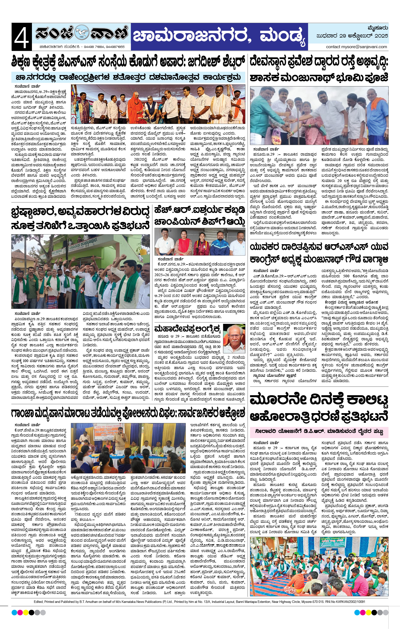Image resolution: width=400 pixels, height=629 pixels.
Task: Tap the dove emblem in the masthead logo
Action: [81, 33]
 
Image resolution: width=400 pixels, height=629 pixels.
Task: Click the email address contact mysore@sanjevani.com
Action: [356, 47]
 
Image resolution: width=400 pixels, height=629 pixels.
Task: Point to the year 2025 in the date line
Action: [381, 36]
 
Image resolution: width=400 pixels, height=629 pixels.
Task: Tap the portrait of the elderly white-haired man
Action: [234, 339]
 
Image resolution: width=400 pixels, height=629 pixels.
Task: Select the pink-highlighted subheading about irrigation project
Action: [319, 432]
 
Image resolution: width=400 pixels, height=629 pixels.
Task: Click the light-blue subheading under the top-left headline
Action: [128, 78]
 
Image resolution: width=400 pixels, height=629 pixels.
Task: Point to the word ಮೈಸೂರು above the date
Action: [378, 28]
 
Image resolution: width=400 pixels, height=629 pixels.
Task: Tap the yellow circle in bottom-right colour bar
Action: [368, 613]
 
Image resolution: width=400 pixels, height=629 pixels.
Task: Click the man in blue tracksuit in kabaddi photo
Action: [219, 243]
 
